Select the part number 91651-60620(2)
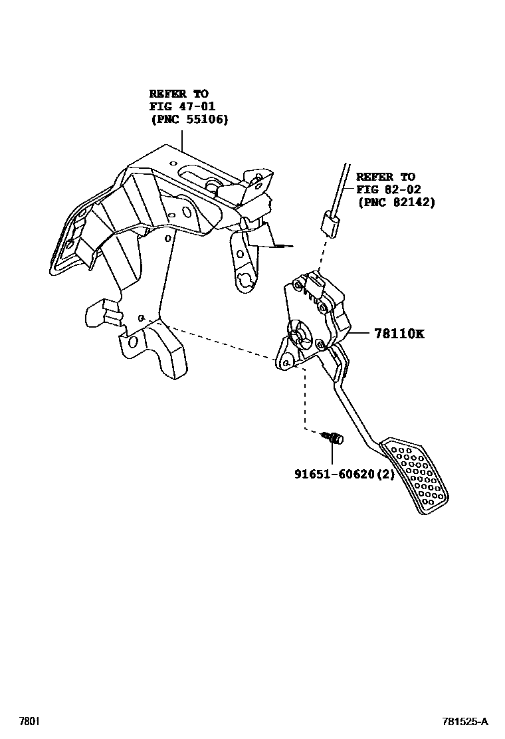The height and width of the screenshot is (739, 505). click(x=344, y=475)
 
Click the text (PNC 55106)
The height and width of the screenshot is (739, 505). click(x=189, y=120)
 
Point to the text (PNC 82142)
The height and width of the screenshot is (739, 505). click(x=396, y=202)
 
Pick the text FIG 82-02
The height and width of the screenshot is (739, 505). click(x=389, y=189)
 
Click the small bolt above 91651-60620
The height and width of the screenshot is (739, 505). click(x=333, y=438)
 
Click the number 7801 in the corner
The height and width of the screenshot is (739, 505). click(x=29, y=721)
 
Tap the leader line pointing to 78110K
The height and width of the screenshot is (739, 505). click(x=359, y=333)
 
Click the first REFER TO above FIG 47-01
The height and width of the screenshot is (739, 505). click(x=178, y=94)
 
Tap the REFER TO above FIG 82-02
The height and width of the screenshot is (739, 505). click(x=385, y=177)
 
